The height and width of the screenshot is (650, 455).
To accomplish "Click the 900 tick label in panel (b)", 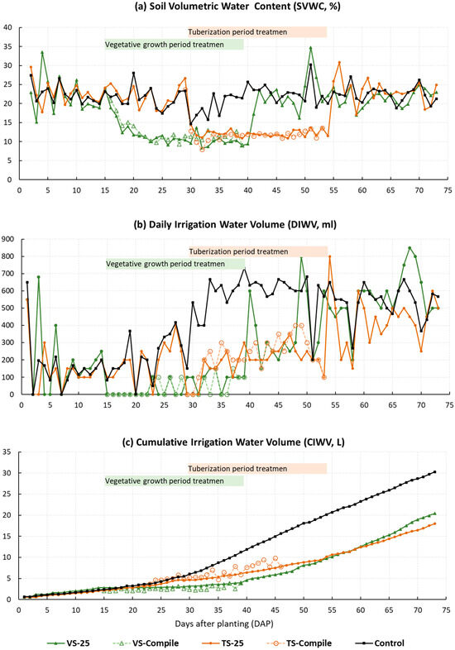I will coord(8,240).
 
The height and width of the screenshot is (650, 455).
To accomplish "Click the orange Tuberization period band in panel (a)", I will coord(256,32).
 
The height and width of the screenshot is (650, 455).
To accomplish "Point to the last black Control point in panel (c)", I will coord(435,472).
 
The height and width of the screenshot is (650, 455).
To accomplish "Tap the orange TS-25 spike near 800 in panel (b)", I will coord(330,256).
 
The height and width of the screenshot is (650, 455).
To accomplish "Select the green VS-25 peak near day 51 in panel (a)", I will coord(310,48).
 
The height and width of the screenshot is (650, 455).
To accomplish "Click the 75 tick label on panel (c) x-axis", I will coord(447,609).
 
